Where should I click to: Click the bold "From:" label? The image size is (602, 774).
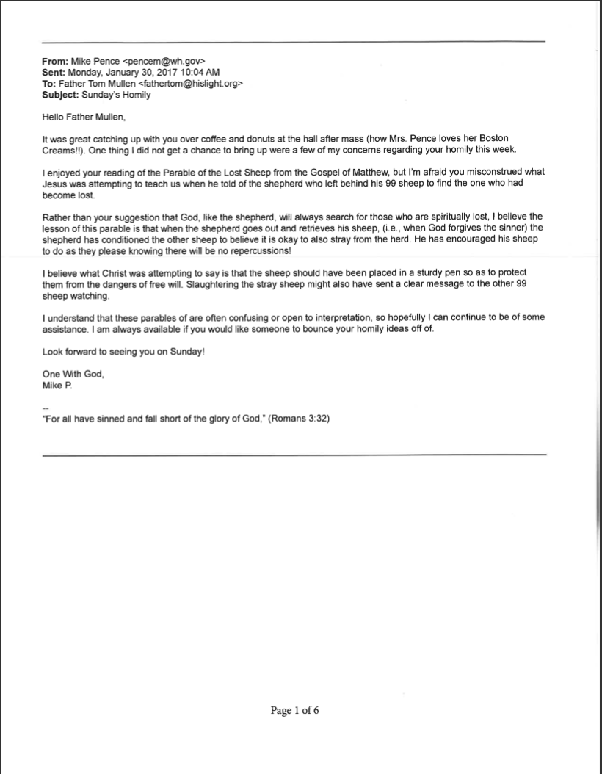coord(56,62)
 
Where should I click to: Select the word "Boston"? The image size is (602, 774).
coord(491,138)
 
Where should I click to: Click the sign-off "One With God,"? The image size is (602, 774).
coord(73,373)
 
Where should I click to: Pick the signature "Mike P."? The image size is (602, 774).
coord(57,385)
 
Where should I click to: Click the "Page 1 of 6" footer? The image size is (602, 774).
coord(294,711)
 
